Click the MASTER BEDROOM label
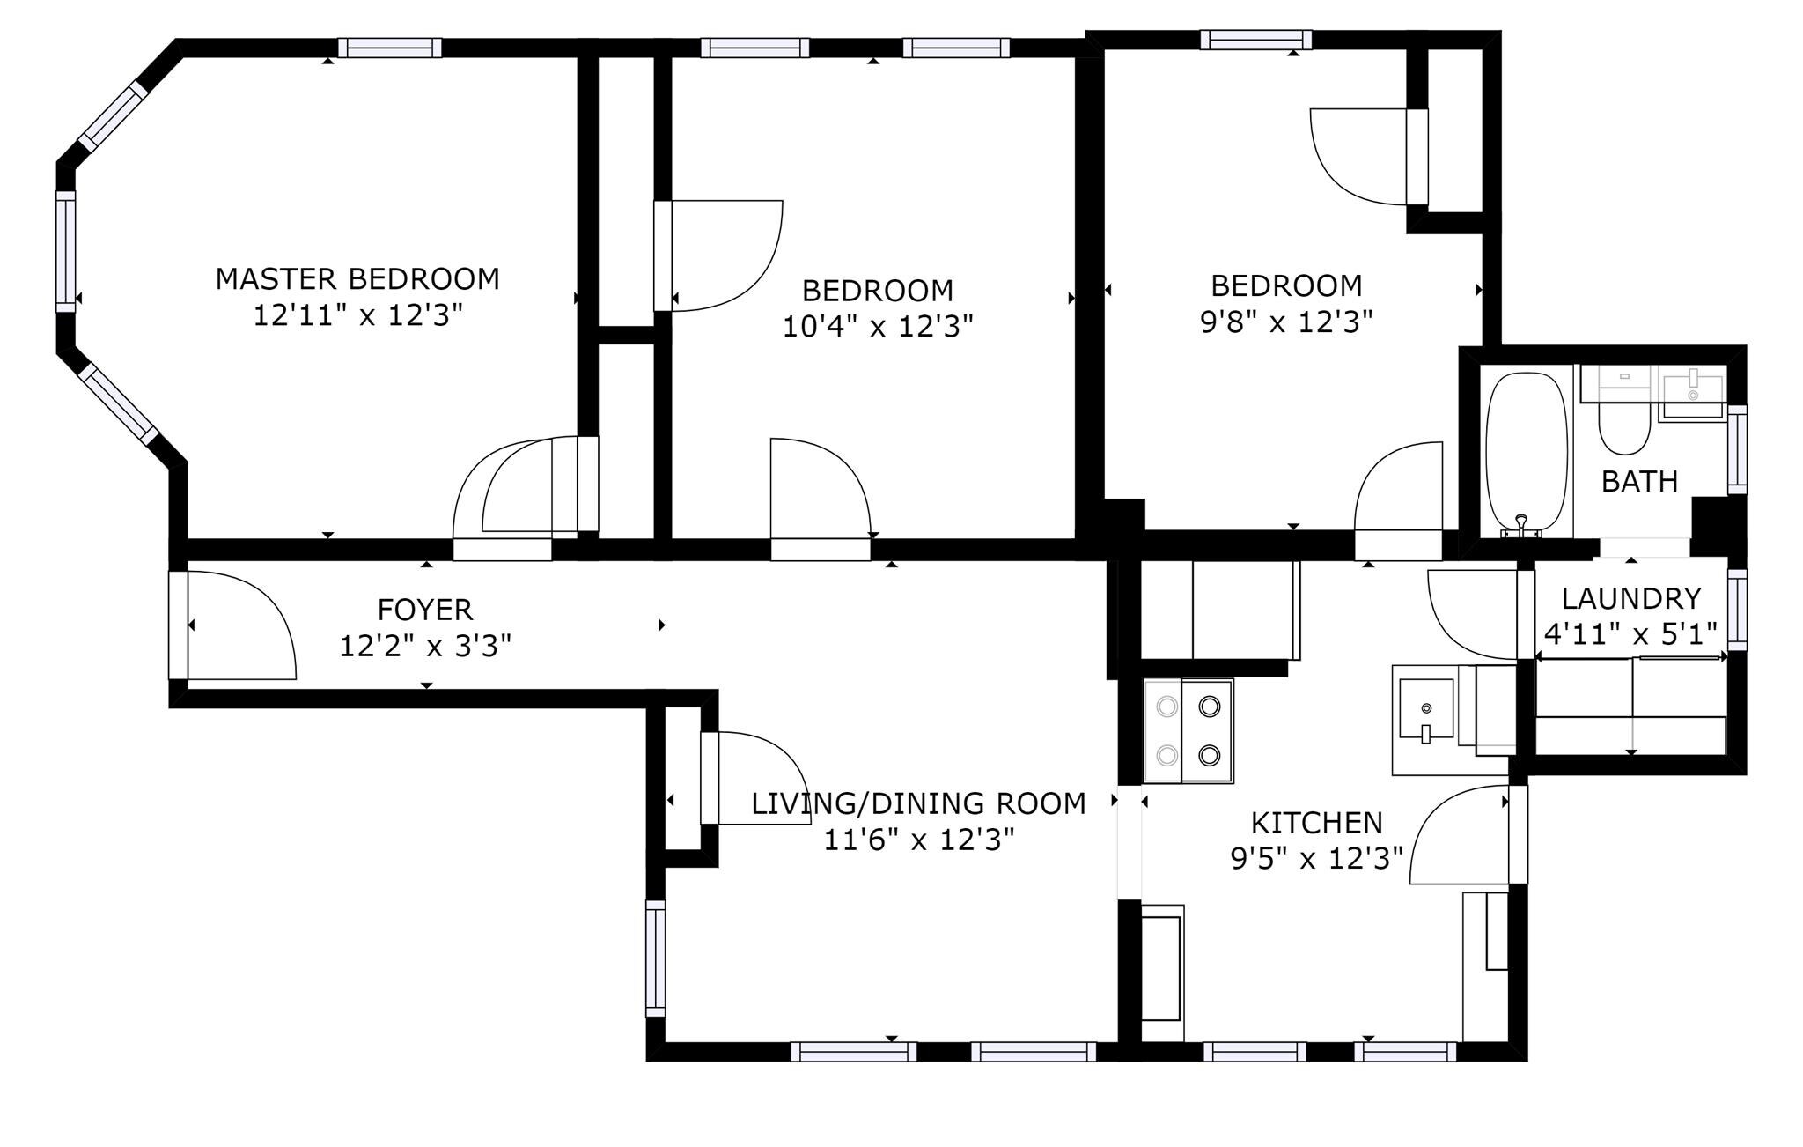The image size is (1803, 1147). [x=357, y=279]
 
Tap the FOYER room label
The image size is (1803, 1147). [x=425, y=610]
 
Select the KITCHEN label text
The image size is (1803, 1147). [x=1317, y=823]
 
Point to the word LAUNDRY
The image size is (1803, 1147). [x=1631, y=599]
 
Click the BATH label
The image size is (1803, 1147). [x=1639, y=482]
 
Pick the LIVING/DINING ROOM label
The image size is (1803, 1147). [x=918, y=803]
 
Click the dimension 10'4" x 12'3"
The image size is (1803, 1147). [x=879, y=327]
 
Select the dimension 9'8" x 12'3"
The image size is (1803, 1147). [x=1286, y=322]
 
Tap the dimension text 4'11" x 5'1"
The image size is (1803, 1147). [x=1631, y=634]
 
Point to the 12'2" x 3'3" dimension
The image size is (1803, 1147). [x=425, y=647]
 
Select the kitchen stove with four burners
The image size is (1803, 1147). [x=1189, y=730]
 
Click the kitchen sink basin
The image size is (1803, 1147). [x=1426, y=707]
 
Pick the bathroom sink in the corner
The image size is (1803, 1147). [x=1691, y=394]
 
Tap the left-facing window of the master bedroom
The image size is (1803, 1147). [x=66, y=251]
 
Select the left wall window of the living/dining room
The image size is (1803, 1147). [x=656, y=958]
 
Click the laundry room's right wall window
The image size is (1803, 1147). [x=1737, y=610]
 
